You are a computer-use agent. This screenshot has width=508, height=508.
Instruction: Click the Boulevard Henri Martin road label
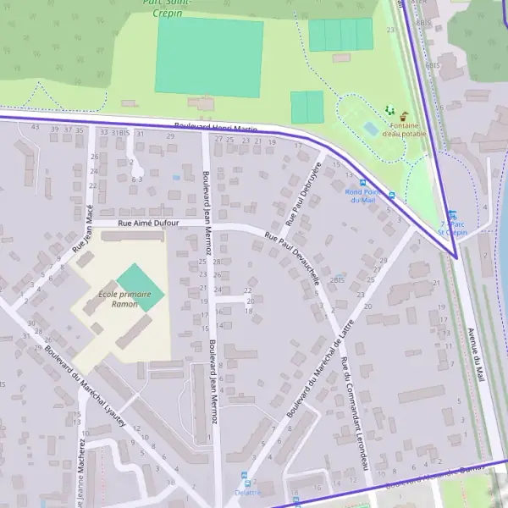(216, 127)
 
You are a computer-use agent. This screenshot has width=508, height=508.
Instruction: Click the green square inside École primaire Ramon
(139, 286)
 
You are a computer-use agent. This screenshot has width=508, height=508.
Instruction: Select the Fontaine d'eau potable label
(404, 130)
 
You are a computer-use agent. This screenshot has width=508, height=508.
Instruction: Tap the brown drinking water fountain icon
(404, 115)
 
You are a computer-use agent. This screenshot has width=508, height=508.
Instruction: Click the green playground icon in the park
(389, 110)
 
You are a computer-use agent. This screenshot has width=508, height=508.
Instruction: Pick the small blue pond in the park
(371, 129)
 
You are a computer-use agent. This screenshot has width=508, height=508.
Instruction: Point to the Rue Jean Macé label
(83, 233)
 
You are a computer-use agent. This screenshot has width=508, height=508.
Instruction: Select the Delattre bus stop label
(247, 493)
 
